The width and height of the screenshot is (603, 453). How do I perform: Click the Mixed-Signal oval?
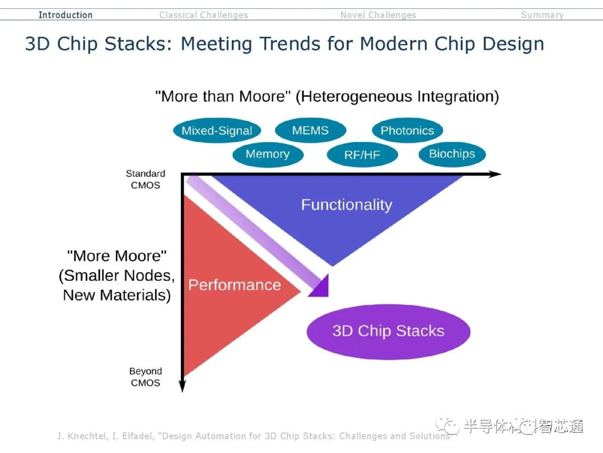click(217, 131)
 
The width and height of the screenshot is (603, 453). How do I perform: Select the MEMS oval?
click(310, 130)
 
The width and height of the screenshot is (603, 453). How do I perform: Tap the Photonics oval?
click(407, 131)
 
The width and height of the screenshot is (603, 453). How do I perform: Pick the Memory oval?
click(267, 154)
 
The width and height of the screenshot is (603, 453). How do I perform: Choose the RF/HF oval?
click(362, 155)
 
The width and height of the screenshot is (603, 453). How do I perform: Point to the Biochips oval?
click(452, 154)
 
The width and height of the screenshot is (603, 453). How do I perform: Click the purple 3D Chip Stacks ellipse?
click(389, 331)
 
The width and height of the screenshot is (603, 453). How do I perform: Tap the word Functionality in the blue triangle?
click(347, 205)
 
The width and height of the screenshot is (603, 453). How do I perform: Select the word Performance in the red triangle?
click(234, 285)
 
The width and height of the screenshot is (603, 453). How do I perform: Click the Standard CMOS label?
click(145, 180)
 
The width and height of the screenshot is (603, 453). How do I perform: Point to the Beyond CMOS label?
click(145, 377)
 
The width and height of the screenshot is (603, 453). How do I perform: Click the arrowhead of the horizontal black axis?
click(496, 174)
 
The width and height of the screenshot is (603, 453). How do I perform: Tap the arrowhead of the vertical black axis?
click(183, 386)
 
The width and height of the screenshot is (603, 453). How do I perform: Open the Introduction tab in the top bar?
click(65, 15)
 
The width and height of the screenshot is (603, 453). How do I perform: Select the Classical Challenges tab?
click(203, 15)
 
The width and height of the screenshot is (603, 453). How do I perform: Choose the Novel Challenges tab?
click(378, 15)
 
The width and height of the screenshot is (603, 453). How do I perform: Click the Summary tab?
click(542, 15)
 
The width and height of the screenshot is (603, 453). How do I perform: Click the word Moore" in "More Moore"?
click(140, 256)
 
